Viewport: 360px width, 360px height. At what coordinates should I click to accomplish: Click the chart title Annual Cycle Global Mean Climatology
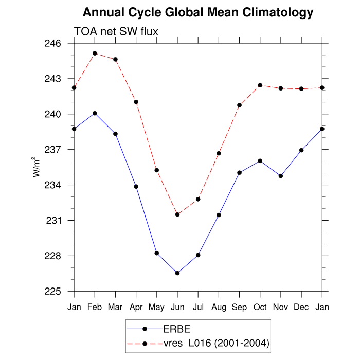click(198, 12)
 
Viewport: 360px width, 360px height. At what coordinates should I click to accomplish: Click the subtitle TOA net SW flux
click(116, 32)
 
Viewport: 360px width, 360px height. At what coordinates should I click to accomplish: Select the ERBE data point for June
click(177, 273)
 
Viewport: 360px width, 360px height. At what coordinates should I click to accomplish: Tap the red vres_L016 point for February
click(95, 53)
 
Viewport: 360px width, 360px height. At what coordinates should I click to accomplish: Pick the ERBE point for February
click(95, 113)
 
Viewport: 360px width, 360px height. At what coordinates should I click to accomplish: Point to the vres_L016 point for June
click(177, 214)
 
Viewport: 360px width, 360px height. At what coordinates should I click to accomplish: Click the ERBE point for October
click(260, 161)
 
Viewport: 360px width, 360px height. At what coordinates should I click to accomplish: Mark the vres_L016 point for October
click(260, 85)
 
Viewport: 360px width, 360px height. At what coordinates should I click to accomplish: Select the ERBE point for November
click(281, 176)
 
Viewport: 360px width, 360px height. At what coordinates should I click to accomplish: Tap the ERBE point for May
click(157, 253)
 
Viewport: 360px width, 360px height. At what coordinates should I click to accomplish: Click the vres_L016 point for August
click(219, 153)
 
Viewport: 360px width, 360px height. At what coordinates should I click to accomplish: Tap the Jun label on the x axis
click(177, 307)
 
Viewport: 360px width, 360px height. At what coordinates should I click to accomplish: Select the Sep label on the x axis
click(240, 307)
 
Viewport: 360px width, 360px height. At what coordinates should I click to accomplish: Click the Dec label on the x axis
click(301, 307)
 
